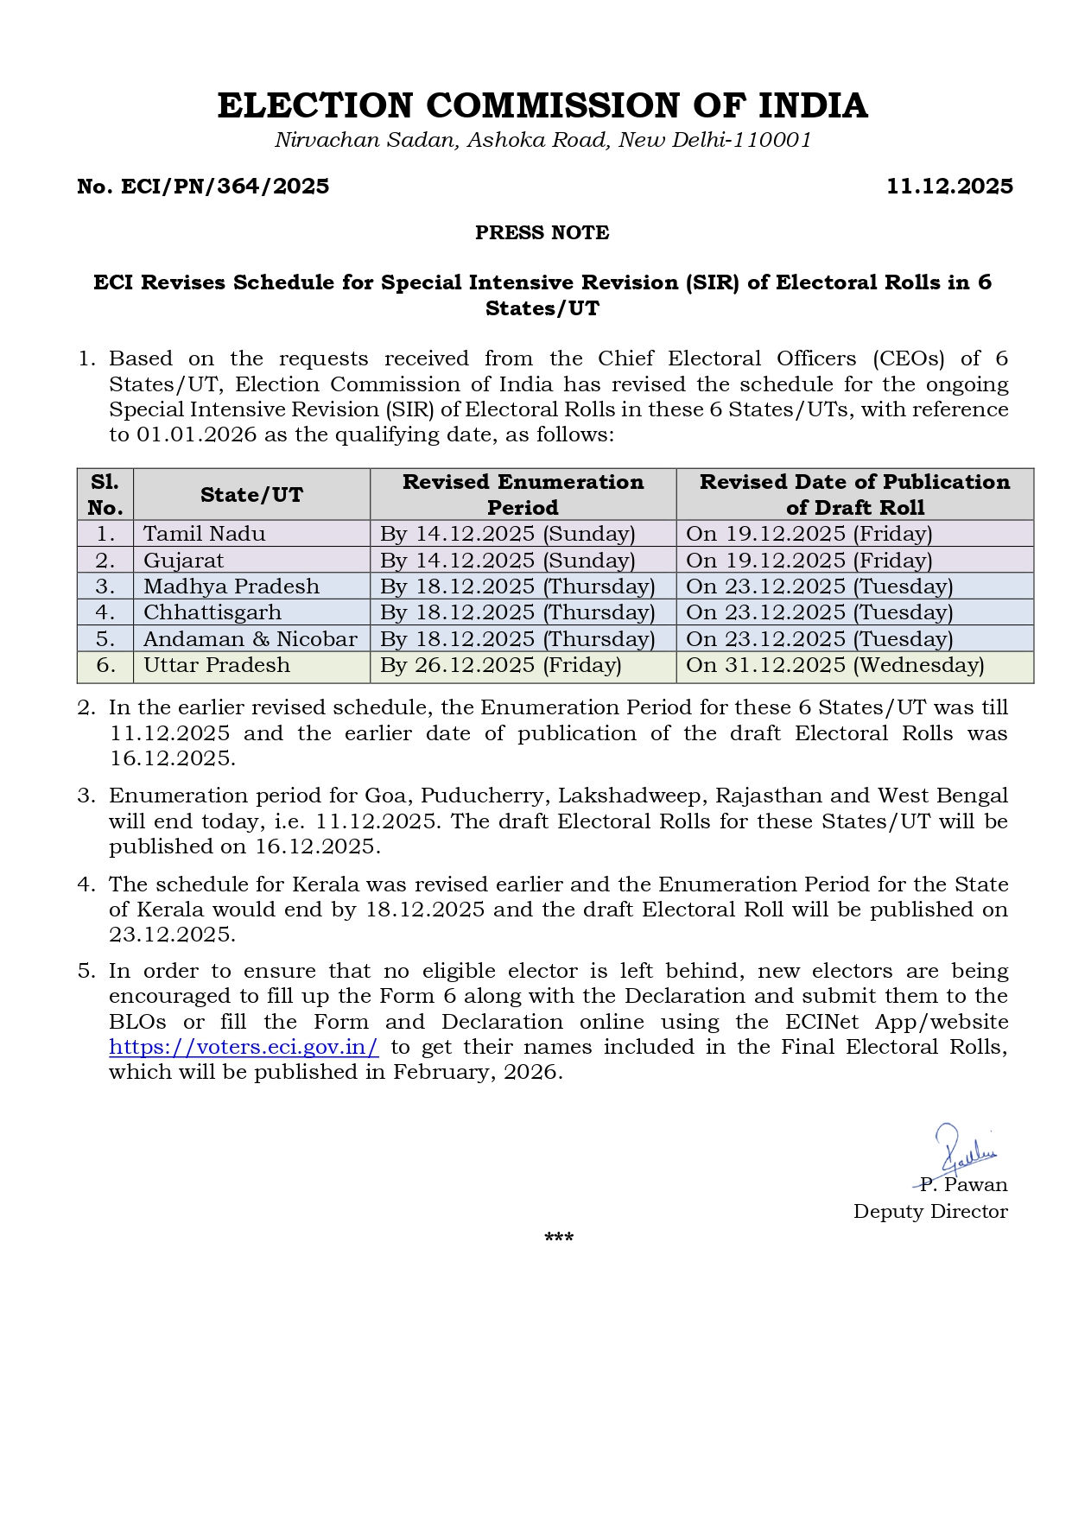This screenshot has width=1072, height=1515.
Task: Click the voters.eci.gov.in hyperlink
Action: pyautogui.click(x=244, y=1047)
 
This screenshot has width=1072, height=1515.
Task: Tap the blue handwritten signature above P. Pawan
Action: pyautogui.click(x=963, y=1149)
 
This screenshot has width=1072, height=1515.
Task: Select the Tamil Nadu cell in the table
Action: pyautogui.click(x=205, y=534)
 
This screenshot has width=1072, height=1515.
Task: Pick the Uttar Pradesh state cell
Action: pyautogui.click(x=217, y=665)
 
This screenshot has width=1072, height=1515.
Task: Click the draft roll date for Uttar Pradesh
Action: pyautogui.click(x=835, y=665)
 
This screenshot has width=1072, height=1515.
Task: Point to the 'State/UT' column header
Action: pyautogui.click(x=251, y=495)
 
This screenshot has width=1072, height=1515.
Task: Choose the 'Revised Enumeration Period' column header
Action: pyautogui.click(x=523, y=495)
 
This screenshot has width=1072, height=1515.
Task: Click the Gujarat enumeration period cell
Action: pyautogui.click(x=508, y=561)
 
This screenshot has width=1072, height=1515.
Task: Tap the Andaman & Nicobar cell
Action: pyautogui.click(x=251, y=639)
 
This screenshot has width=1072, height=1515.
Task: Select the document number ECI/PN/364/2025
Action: pyautogui.click(x=203, y=187)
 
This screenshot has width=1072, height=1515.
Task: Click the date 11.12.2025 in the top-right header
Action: pyautogui.click(x=949, y=187)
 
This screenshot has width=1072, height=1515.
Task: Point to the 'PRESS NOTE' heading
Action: pyautogui.click(x=542, y=233)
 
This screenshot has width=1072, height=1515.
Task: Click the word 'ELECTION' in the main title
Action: pyautogui.click(x=315, y=106)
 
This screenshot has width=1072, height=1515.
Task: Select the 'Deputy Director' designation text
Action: pyautogui.click(x=930, y=1211)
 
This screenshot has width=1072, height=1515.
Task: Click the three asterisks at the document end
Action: pyautogui.click(x=559, y=1239)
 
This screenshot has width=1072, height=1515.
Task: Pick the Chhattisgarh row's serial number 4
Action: pyautogui.click(x=105, y=613)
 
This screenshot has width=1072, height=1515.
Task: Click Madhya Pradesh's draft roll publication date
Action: pyautogui.click(x=820, y=586)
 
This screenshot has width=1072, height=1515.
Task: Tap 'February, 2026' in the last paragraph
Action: pyautogui.click(x=477, y=1072)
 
